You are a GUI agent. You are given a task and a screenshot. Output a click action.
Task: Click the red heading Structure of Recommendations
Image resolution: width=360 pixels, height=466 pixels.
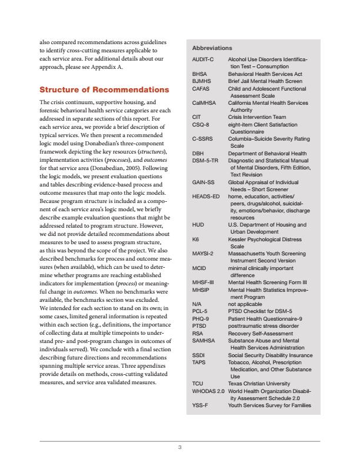(104, 90)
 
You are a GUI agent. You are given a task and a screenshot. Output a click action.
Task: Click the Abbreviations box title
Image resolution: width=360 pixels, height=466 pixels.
(212, 48)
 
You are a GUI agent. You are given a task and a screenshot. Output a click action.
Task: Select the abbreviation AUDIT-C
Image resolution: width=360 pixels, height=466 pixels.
(203, 60)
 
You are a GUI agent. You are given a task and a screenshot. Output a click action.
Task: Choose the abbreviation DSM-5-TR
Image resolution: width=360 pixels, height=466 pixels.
(206, 160)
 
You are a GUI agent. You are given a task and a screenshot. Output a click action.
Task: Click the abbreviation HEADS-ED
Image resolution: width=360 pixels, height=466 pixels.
(206, 196)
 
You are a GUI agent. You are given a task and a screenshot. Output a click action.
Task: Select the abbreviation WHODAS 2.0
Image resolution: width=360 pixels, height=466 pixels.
(208, 391)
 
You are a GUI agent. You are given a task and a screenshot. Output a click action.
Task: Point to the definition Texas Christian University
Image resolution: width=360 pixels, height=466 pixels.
(261, 384)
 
